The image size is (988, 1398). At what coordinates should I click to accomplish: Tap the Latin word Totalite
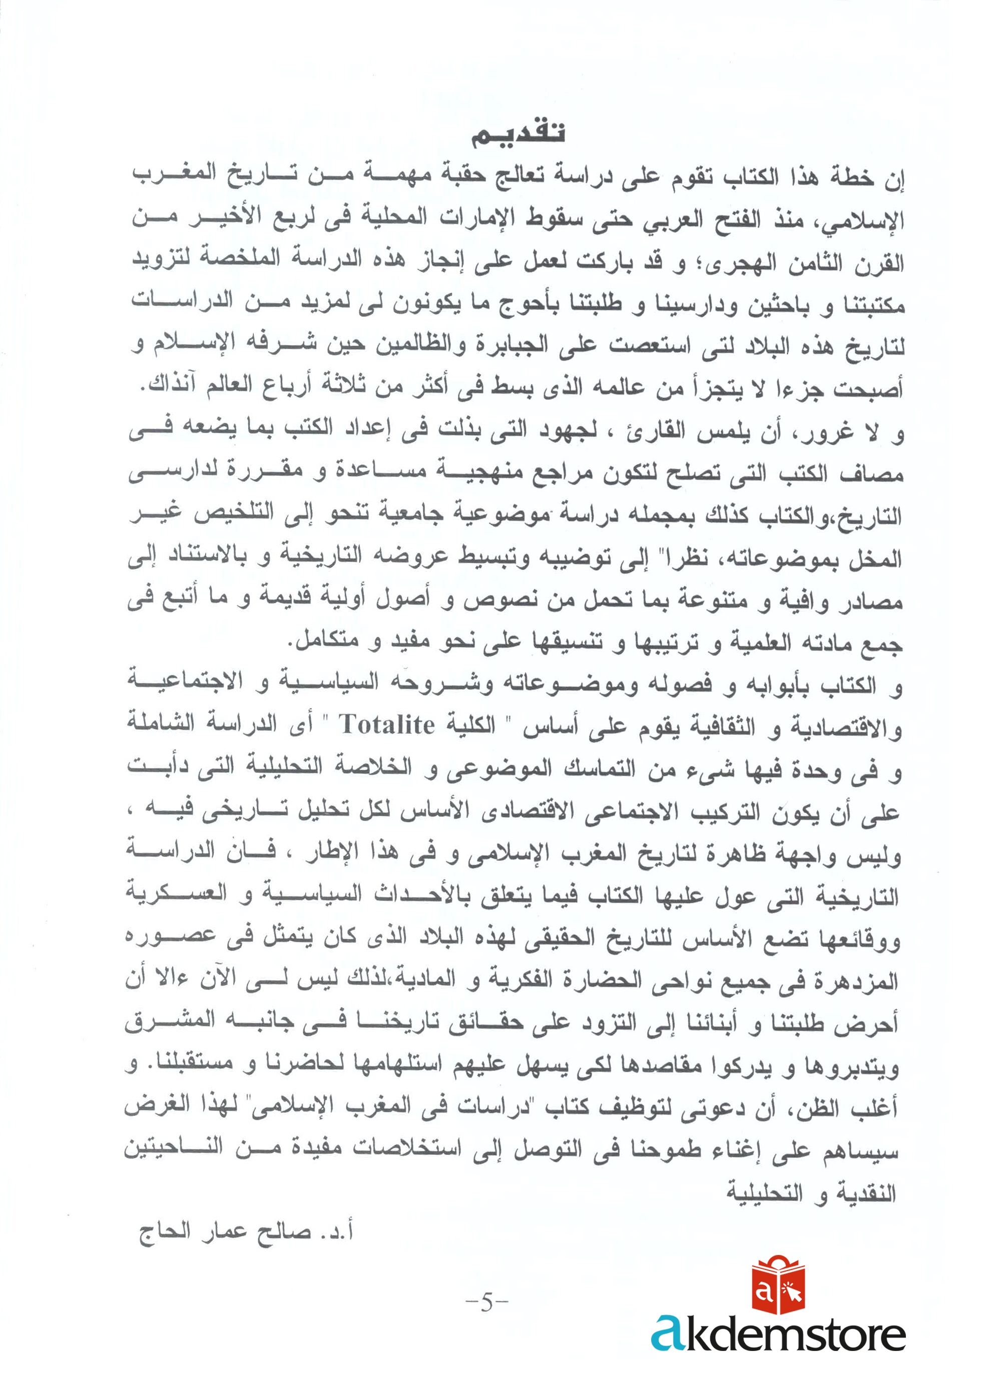click(387, 725)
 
